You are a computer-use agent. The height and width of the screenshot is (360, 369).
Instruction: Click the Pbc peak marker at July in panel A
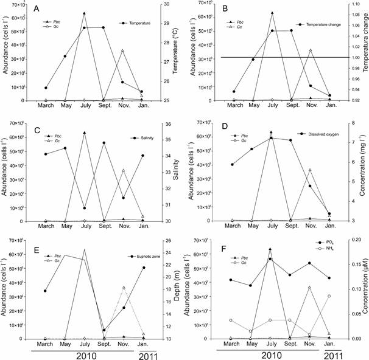84,13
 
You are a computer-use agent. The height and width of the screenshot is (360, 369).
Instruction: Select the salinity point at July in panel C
84,208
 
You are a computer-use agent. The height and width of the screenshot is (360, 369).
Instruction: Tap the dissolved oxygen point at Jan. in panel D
329,214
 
